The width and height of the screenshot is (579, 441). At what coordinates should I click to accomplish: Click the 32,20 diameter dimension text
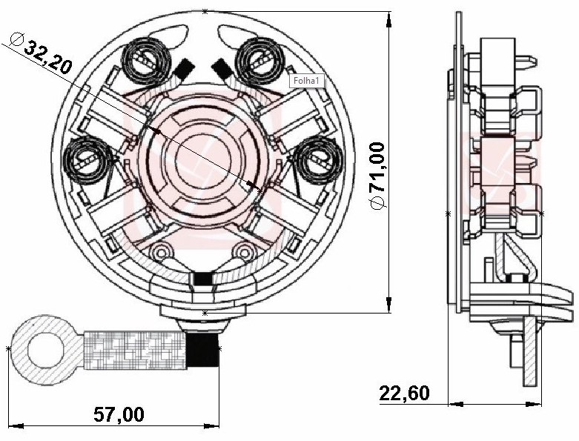click(47, 57)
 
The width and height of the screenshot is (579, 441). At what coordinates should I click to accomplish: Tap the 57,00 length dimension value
click(119, 414)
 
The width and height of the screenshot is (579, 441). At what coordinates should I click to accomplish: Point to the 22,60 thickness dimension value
click(405, 393)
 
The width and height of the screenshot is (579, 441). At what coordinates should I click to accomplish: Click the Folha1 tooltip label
click(307, 81)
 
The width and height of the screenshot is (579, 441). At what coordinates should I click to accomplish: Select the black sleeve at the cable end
click(202, 349)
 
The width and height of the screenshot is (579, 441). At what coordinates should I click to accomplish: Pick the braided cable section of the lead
click(135, 350)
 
